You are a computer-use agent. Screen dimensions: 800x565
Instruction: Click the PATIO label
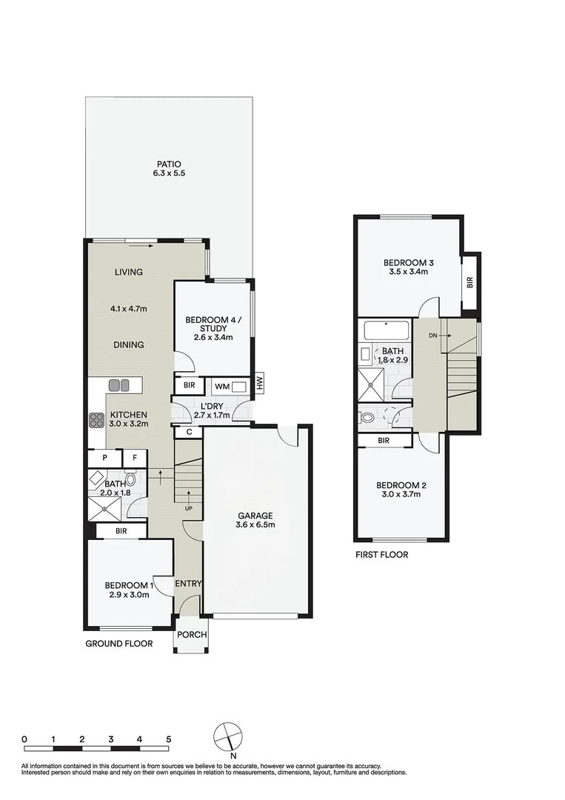click(x=168, y=164)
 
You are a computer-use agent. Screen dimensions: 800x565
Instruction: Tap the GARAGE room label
click(x=255, y=516)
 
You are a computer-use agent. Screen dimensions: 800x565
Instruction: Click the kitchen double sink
click(x=119, y=385)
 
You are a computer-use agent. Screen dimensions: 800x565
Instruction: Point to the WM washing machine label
click(x=221, y=386)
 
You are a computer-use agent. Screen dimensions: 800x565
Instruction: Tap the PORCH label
click(x=191, y=635)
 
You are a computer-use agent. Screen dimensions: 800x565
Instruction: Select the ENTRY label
click(x=188, y=584)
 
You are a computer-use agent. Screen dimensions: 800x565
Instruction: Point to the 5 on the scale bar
click(x=169, y=739)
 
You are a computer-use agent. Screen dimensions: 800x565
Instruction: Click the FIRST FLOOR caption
click(x=381, y=554)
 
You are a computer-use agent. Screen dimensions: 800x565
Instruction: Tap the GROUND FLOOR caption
click(x=118, y=644)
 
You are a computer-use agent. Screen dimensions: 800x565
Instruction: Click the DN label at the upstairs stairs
click(x=432, y=336)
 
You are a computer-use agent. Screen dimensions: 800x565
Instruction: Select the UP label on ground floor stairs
click(x=190, y=509)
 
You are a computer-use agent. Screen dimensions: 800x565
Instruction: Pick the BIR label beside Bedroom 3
click(x=470, y=282)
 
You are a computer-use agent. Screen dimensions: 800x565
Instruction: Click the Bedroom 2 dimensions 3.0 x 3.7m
click(x=401, y=495)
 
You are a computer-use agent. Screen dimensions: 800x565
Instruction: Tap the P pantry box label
click(x=105, y=459)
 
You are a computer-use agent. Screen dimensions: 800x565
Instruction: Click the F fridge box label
click(x=135, y=459)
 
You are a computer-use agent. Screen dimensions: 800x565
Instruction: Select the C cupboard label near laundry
click(x=189, y=432)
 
